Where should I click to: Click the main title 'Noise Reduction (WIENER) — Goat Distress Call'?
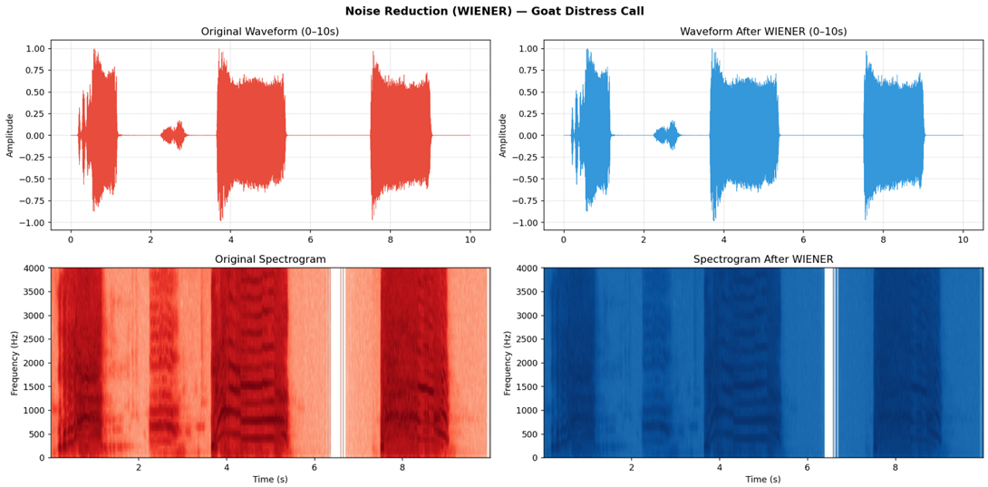494,11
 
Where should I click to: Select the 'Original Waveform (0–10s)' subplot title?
270,32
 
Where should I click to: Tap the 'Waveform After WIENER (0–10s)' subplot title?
763,32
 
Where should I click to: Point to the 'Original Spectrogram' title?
270,259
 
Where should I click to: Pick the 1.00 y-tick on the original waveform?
34,49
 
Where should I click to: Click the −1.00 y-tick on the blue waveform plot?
525,223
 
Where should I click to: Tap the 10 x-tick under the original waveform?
470,239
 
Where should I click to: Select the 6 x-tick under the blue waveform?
803,239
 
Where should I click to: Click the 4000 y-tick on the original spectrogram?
34,268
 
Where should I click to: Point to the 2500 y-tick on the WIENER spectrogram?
528,339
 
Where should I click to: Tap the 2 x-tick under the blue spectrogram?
632,468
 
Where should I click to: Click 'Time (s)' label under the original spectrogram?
270,480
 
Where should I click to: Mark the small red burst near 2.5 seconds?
173,135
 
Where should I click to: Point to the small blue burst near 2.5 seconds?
666,135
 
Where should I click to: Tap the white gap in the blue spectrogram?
828,363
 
